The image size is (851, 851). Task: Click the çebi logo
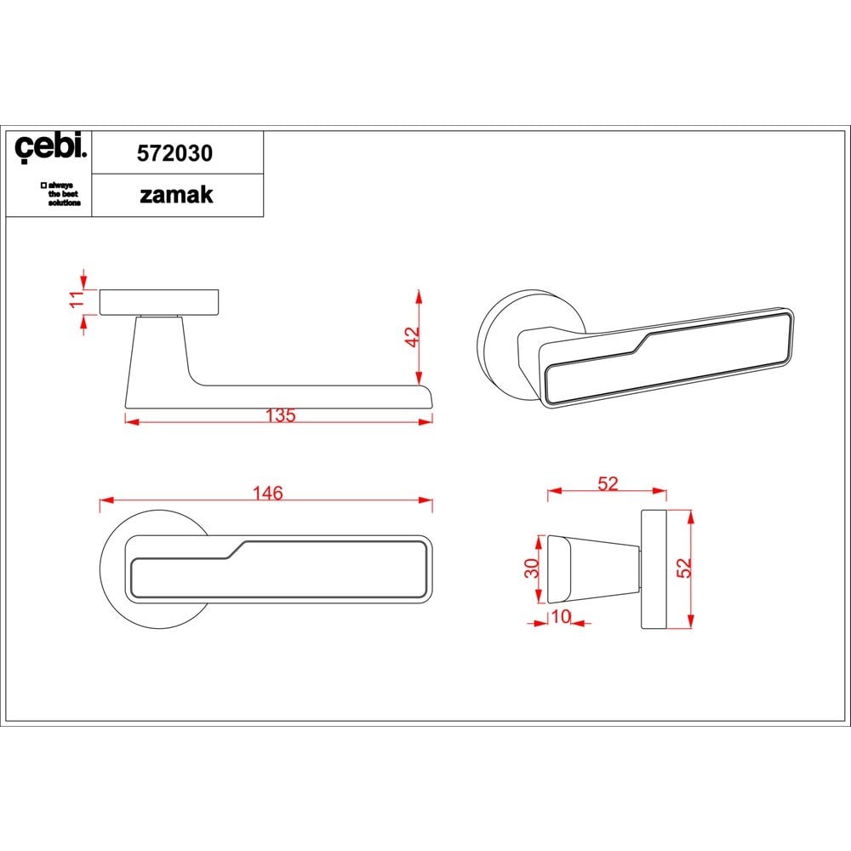point(50,146)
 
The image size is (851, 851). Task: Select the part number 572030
point(174,153)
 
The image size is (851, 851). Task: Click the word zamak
point(176,195)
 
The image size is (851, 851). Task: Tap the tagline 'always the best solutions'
point(60,194)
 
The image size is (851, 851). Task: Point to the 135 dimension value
point(281,415)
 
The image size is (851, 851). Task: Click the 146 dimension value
point(267,493)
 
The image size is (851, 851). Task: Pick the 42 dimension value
point(413,336)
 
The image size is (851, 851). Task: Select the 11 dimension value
point(77,299)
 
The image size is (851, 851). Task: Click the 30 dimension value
point(532,568)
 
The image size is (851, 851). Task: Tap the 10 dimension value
point(561,616)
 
